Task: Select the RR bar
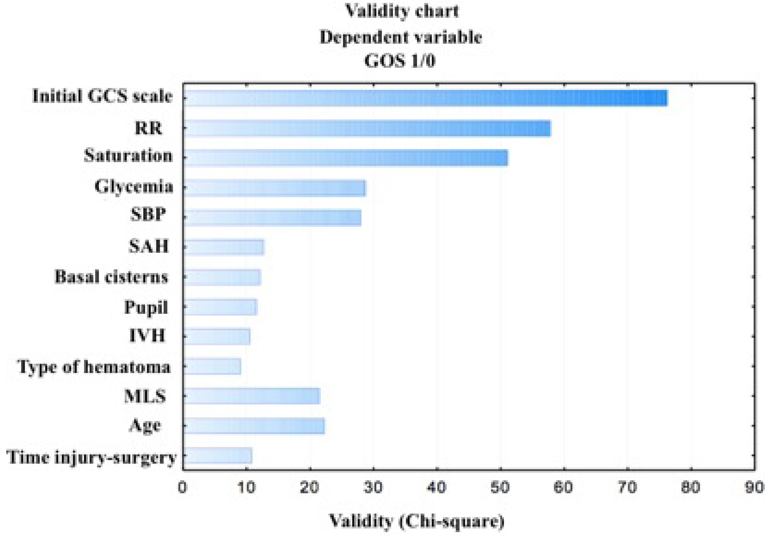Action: pyautogui.click(x=367, y=129)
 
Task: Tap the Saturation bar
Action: pyautogui.click(x=346, y=158)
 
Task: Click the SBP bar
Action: pyautogui.click(x=272, y=218)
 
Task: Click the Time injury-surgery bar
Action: pyautogui.click(x=217, y=456)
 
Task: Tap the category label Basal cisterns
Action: pyautogui.click(x=111, y=277)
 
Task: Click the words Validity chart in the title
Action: pyautogui.click(x=402, y=11)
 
